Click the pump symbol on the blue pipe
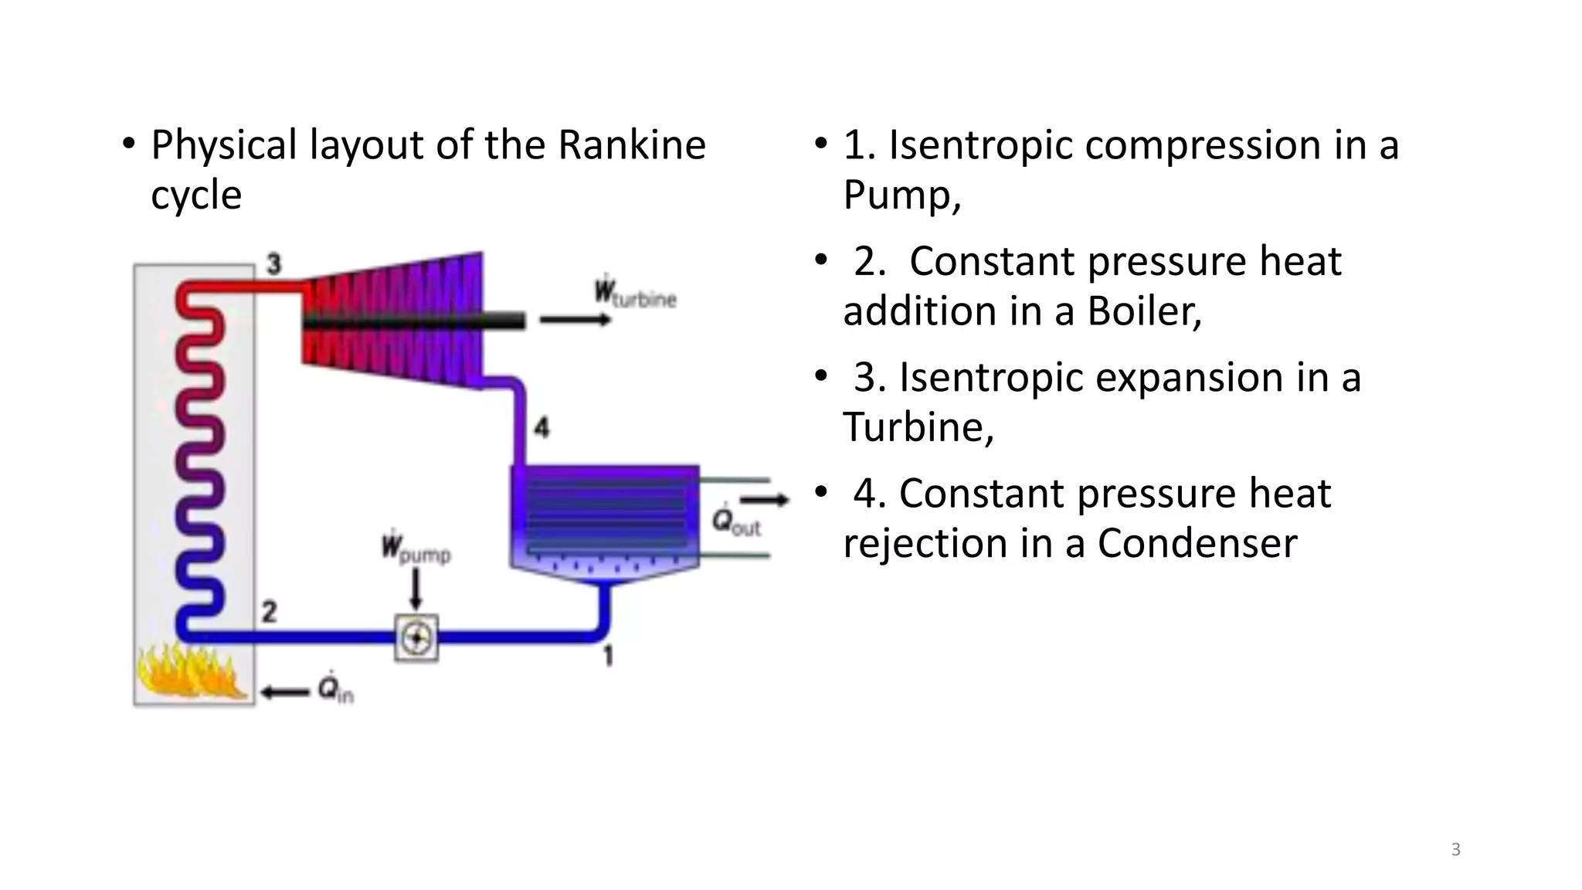click(x=416, y=637)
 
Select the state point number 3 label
click(x=274, y=264)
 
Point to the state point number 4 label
click(x=541, y=427)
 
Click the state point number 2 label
click(x=269, y=612)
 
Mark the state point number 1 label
click(x=608, y=656)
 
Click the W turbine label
click(x=634, y=294)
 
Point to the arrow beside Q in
click(x=284, y=692)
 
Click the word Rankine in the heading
click(x=631, y=145)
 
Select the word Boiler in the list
click(x=1144, y=311)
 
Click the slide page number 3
click(x=1455, y=850)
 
